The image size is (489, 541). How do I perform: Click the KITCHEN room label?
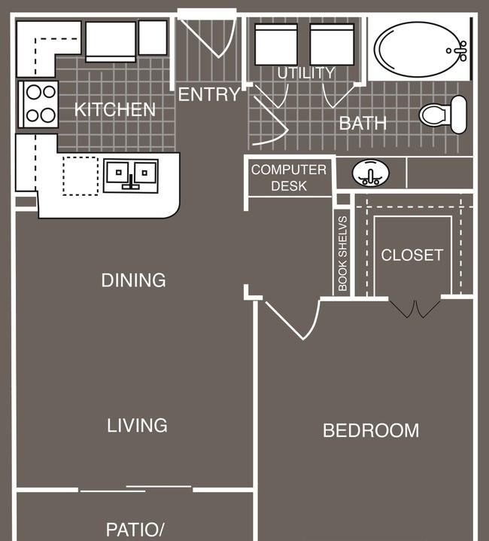pyautogui.click(x=115, y=110)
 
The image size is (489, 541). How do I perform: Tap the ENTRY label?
pyautogui.click(x=209, y=94)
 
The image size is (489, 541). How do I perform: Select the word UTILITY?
pyautogui.click(x=306, y=73)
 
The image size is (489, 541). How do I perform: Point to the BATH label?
pyautogui.click(x=363, y=123)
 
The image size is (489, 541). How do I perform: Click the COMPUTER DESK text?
pyautogui.click(x=289, y=178)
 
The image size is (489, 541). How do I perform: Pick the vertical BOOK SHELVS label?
pyautogui.click(x=342, y=254)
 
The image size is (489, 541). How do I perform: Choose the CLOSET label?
pyautogui.click(x=412, y=255)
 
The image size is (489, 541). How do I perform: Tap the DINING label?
pyautogui.click(x=134, y=280)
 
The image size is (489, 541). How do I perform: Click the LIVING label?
pyautogui.click(x=137, y=426)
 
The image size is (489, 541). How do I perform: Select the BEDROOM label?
pyautogui.click(x=371, y=430)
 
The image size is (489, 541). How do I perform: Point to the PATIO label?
pyautogui.click(x=135, y=530)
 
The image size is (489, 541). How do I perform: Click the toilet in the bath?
pyautogui.click(x=443, y=115)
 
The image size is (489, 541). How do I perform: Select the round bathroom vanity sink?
pyautogui.click(x=370, y=173)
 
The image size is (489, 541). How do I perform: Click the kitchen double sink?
pyautogui.click(x=131, y=176)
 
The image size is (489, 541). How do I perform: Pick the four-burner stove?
pyautogui.click(x=38, y=104)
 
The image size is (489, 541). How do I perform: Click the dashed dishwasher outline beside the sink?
pyautogui.click(x=80, y=176)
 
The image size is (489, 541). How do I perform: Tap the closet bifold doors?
pyautogui.click(x=415, y=309)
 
